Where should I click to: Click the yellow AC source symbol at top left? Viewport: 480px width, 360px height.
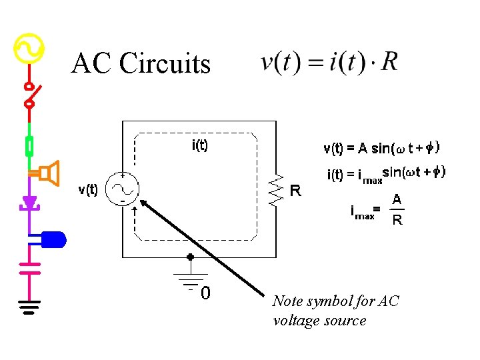pos(29,48)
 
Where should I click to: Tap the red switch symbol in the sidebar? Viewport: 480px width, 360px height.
pos(30,95)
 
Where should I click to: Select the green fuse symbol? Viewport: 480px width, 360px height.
pos(29,145)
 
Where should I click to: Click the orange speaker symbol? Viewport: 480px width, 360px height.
pos(48,173)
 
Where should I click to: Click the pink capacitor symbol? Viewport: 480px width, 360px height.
pos(29,267)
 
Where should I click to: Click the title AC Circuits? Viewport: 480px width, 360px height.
pos(141,64)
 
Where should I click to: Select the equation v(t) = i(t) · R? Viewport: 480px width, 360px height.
pos(329,63)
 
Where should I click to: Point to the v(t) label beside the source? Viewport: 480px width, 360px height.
pos(88,190)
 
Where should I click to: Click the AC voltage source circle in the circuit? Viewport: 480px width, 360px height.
pos(124,189)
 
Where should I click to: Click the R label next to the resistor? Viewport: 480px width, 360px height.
pos(295,191)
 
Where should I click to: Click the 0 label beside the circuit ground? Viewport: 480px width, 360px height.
pos(207,293)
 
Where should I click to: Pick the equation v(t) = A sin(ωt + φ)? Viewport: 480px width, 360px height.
pos(381,148)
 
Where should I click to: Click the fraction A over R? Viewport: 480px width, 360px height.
pos(397,209)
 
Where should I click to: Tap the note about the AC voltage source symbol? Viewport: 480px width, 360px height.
pos(335,311)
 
